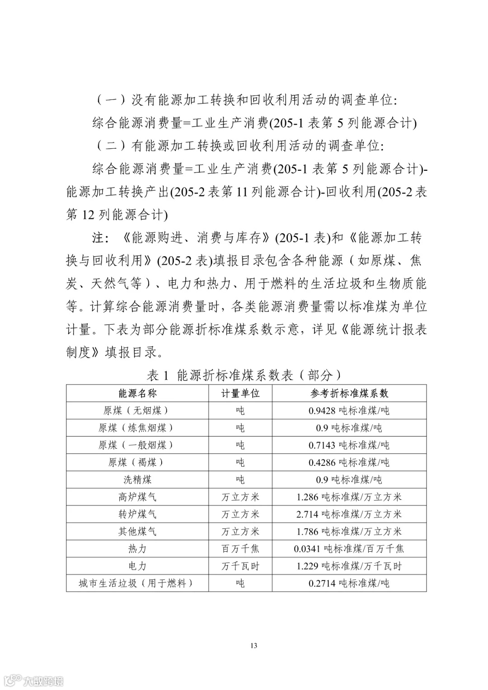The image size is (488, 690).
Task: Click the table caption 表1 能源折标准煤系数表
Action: [244, 375]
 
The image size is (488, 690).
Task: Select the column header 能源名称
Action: [137, 393]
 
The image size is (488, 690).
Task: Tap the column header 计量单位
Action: [240, 393]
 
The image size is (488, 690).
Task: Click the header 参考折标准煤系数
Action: [349, 393]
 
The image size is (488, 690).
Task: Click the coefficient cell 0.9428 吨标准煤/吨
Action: [349, 410]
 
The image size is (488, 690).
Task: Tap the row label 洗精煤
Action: [137, 479]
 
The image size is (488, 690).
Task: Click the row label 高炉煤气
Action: [137, 497]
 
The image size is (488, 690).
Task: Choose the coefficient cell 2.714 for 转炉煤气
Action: [349, 514]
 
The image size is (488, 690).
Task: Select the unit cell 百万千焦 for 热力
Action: [240, 549]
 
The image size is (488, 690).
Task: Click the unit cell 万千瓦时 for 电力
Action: [240, 566]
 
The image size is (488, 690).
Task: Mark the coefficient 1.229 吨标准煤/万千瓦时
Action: [349, 566]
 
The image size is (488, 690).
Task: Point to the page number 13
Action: [253, 645]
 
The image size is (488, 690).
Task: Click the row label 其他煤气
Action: [137, 531]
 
